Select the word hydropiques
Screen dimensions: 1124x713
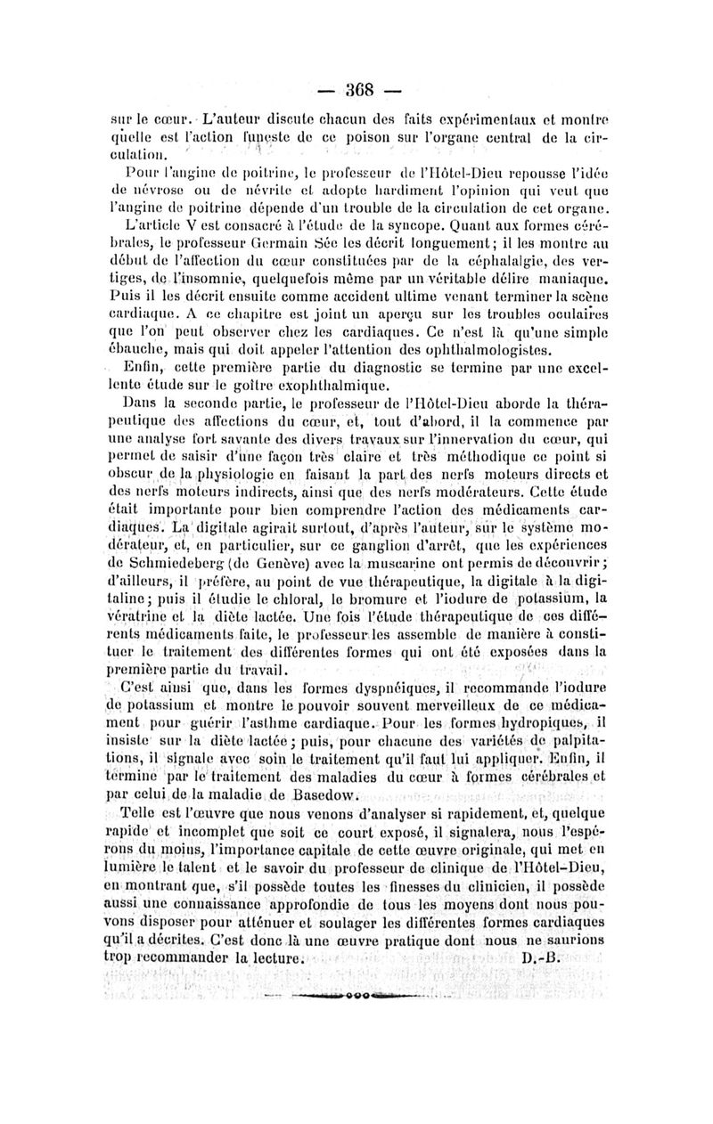541,720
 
